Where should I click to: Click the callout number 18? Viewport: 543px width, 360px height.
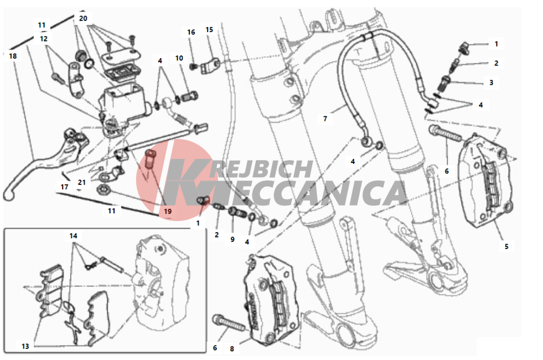(13, 56)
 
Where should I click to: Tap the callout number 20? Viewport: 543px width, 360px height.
(83, 18)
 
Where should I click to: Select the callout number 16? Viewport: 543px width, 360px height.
(191, 32)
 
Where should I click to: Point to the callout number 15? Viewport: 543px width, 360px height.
(209, 30)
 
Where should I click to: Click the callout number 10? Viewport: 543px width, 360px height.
(179, 58)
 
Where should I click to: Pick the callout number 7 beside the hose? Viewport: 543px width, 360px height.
(325, 119)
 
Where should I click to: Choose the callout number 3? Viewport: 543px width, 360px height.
(491, 83)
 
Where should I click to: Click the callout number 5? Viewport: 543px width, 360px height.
(506, 246)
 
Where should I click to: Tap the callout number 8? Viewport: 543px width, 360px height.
(232, 349)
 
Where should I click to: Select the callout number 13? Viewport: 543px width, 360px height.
(25, 346)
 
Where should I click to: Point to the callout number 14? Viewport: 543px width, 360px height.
(73, 236)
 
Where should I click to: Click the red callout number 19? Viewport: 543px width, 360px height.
(168, 212)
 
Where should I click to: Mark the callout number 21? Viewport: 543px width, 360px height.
(82, 182)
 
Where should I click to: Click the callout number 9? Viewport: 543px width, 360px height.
(232, 239)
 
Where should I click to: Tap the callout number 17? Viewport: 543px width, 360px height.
(64, 187)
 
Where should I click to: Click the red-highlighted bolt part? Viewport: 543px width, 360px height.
(151, 160)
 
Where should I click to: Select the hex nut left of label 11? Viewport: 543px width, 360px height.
(103, 189)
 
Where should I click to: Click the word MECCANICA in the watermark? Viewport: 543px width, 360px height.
(287, 193)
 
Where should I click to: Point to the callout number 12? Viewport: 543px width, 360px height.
(44, 39)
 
